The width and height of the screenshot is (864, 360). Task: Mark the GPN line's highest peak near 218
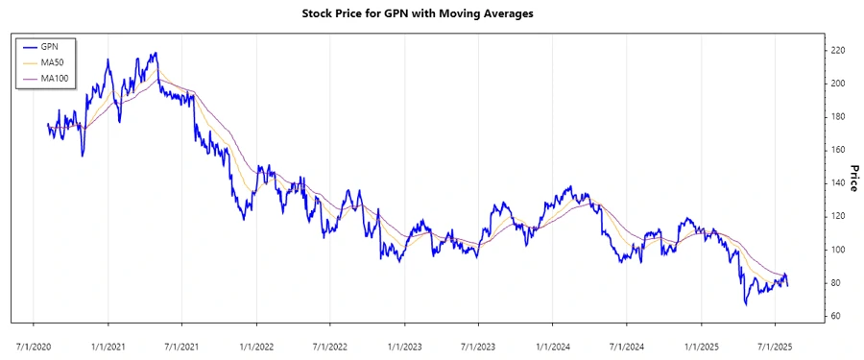[x=156, y=54]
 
